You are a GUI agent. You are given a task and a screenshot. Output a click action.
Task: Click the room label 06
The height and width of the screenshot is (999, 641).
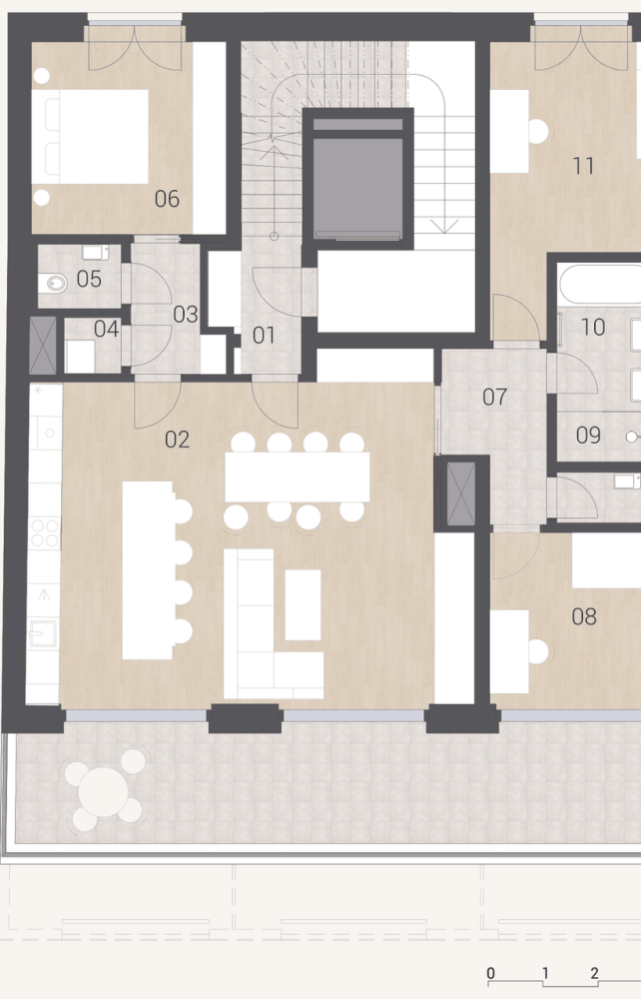pos(167,199)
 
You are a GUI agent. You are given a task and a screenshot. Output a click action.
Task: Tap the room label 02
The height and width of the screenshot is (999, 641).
pos(177,439)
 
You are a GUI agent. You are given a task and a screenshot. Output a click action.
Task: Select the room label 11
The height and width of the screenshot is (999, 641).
pos(583,166)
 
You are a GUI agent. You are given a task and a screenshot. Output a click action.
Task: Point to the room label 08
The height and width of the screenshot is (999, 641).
pos(584,616)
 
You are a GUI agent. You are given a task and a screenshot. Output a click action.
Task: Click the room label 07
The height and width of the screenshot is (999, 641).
pos(494,397)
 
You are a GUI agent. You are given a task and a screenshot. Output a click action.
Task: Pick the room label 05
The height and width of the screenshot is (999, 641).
pos(89,279)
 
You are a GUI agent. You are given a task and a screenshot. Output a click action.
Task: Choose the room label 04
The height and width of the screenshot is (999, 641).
pos(106,329)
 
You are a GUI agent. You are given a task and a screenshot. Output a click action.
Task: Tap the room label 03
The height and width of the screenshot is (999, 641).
pos(186,314)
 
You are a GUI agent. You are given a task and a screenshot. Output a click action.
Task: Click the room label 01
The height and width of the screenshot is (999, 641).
pos(264,335)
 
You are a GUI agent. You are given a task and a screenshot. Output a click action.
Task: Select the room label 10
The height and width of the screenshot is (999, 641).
pos(593,327)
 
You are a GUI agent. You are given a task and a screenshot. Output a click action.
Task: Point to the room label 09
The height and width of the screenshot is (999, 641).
pos(588,436)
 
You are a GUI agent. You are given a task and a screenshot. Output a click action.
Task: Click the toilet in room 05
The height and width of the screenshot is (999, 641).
pos(54,283)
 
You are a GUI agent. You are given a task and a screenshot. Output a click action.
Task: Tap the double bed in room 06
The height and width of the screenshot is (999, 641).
pos(90,137)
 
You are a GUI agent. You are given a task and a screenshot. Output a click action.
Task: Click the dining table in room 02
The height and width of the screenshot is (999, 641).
pos(298,478)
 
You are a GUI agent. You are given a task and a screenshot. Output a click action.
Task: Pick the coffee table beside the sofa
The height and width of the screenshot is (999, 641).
pos(303,604)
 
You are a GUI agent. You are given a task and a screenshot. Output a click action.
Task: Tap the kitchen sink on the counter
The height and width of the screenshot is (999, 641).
pos(43,634)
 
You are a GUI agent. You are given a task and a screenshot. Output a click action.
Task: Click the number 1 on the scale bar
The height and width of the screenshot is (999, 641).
pos(545,973)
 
